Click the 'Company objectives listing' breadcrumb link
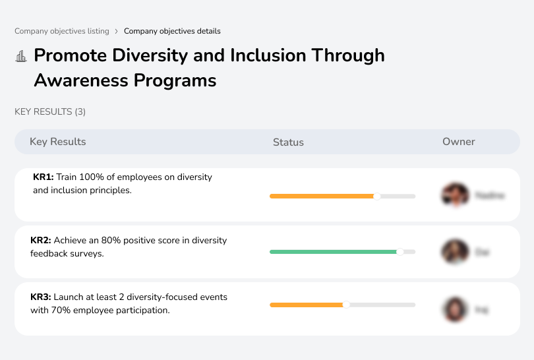(x=62, y=31)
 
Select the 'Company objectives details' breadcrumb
(x=172, y=31)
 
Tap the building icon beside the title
(x=21, y=56)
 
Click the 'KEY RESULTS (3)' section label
(x=50, y=112)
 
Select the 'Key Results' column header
(x=57, y=142)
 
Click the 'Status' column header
(x=288, y=142)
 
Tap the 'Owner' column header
(x=458, y=142)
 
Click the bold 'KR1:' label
(x=44, y=177)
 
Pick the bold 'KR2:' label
(x=41, y=241)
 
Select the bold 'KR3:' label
(x=41, y=297)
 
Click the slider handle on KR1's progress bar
(x=377, y=196)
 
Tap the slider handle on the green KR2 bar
(x=400, y=252)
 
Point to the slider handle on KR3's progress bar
(x=346, y=305)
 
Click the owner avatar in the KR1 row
(x=455, y=195)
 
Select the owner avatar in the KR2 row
(x=455, y=252)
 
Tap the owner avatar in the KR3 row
(x=455, y=309)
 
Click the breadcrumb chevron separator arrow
(x=117, y=31)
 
